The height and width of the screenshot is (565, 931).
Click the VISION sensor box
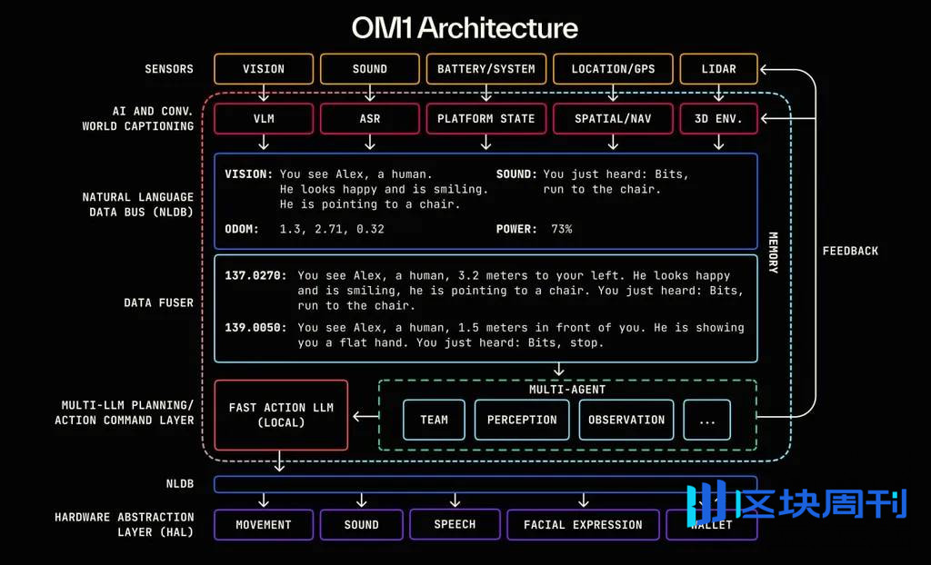point(264,69)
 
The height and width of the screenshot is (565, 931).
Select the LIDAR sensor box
point(718,69)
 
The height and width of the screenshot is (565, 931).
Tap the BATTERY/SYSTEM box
point(486,69)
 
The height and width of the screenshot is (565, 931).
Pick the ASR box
point(370,119)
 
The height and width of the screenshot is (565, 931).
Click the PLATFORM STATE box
point(486,119)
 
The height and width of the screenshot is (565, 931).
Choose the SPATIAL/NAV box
point(613,119)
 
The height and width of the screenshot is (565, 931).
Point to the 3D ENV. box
point(718,119)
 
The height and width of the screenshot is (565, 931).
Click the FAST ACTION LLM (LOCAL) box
point(281,415)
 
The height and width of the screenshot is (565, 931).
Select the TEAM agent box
point(434,420)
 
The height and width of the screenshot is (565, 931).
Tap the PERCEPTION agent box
point(522,420)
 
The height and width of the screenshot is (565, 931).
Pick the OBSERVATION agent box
point(626,420)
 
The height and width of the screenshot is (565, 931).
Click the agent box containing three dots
point(706,420)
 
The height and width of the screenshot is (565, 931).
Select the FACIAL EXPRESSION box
point(583,525)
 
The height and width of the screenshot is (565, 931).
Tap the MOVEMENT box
point(264,525)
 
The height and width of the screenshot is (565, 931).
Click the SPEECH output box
point(455,524)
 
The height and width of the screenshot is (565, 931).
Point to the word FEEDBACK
point(850,251)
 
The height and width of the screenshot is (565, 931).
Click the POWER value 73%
point(562,229)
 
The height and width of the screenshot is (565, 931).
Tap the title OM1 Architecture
point(465,27)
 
